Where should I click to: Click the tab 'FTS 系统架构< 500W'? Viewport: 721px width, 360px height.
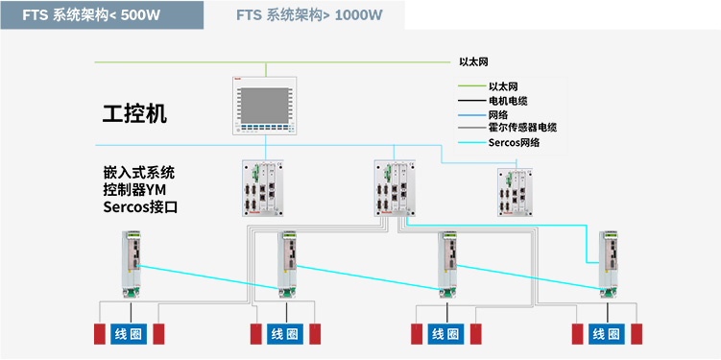pos(102,15)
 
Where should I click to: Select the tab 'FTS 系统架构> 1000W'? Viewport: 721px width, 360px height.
pos(309,15)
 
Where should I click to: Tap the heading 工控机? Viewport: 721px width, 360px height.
pos(134,113)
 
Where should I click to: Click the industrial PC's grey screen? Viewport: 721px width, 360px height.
pos(265,106)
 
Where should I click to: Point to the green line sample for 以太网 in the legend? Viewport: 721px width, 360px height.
pos(471,86)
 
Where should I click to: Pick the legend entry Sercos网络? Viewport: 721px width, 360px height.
pos(514,142)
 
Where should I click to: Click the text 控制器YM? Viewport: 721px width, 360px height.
pos(134,190)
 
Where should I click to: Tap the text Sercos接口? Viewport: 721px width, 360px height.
pos(140,207)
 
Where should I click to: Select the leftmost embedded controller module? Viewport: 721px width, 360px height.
pos(262,188)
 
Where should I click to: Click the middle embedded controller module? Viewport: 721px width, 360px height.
pos(395,188)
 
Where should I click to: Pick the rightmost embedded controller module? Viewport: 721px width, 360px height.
pos(515,192)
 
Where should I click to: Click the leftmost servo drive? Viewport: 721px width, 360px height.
pos(132,264)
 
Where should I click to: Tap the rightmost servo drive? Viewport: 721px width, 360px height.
pos(609,264)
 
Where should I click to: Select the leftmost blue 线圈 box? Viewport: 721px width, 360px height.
pos(129,334)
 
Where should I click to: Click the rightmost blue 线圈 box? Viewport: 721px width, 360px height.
pos(607,334)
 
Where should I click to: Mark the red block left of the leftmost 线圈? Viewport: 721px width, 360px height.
pos(100,334)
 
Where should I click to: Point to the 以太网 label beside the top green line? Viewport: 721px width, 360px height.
pos(473,62)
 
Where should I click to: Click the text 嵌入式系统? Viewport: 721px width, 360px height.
pos(139,174)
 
